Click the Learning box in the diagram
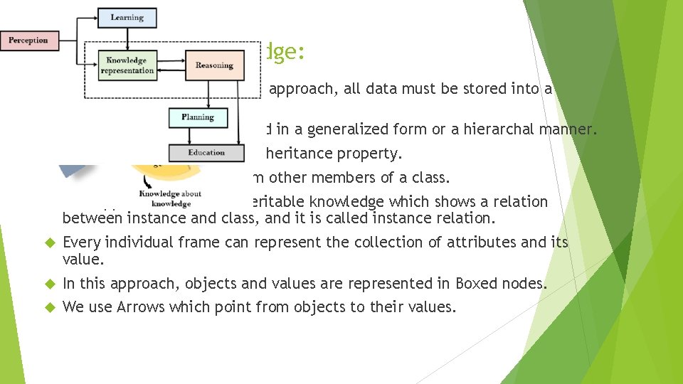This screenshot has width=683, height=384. click(127, 17)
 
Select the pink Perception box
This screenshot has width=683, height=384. click(28, 41)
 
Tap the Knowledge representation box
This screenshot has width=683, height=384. click(127, 65)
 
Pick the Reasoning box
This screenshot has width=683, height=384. click(214, 65)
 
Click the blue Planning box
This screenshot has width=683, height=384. click(197, 117)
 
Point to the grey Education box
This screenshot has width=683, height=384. click(206, 152)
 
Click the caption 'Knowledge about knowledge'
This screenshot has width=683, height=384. click(171, 198)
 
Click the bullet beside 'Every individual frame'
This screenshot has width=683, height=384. click(50, 242)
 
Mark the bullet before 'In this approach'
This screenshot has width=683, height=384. click(50, 284)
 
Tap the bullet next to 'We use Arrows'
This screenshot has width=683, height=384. click(50, 307)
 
